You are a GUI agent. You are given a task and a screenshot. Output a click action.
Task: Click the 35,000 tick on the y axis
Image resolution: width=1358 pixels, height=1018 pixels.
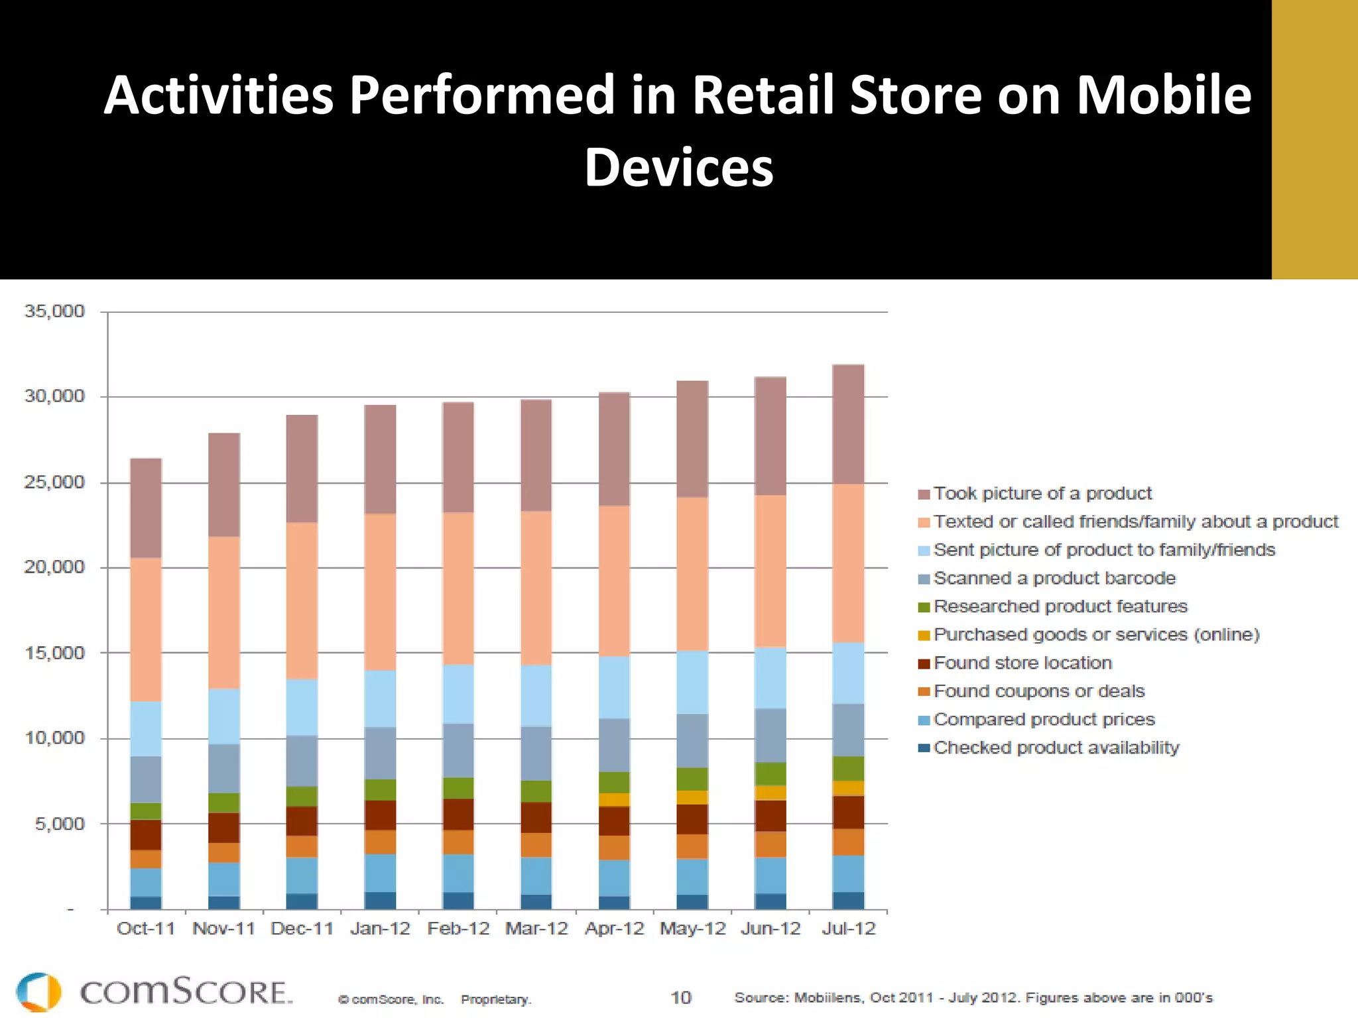click(x=54, y=311)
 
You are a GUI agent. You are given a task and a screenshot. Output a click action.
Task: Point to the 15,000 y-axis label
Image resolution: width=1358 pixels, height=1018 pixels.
click(x=54, y=653)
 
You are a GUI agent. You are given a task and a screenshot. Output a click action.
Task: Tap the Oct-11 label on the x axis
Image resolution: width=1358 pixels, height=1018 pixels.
click(x=146, y=929)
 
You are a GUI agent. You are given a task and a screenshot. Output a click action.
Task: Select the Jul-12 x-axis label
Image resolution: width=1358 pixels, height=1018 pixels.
click(x=848, y=929)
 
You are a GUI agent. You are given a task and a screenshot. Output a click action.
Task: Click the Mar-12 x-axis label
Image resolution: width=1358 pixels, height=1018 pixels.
click(x=536, y=929)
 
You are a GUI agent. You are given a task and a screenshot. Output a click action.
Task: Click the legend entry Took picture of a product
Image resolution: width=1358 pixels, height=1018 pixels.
click(x=1042, y=494)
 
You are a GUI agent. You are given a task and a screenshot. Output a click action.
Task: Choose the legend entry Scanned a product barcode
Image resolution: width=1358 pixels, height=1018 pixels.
click(x=1054, y=579)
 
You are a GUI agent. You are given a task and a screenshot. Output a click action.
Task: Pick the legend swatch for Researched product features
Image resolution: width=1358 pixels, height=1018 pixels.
click(x=924, y=607)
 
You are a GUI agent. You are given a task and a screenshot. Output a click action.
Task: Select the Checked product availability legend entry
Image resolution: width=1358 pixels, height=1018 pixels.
click(x=1056, y=748)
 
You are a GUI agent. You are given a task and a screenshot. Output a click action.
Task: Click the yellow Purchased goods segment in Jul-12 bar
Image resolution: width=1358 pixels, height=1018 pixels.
click(x=848, y=788)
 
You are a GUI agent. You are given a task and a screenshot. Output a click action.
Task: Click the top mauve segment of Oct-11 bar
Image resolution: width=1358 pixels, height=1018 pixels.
click(x=146, y=508)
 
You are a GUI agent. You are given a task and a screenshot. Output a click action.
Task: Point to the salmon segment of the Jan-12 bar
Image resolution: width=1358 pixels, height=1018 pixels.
click(x=380, y=592)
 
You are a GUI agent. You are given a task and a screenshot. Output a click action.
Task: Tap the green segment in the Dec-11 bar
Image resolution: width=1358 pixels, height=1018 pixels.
click(x=302, y=796)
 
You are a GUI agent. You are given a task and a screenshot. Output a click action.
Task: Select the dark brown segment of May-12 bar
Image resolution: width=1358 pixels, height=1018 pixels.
click(x=692, y=819)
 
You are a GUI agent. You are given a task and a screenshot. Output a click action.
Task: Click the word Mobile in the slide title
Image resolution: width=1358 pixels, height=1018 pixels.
click(x=1163, y=95)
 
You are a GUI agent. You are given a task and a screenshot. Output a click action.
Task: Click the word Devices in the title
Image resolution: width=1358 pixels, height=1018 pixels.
click(x=678, y=167)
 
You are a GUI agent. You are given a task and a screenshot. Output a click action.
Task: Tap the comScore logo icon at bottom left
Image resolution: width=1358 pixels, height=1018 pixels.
click(x=38, y=992)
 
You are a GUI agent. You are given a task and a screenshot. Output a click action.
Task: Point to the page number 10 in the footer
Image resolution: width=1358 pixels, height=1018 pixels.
click(x=680, y=997)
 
